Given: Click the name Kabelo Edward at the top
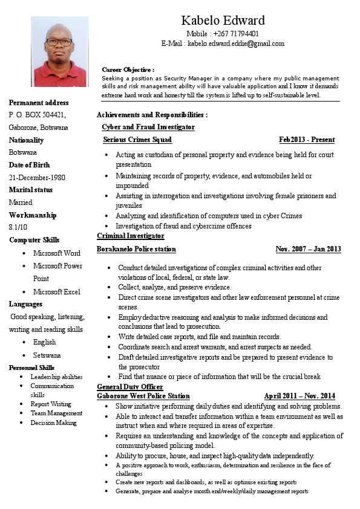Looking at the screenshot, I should [223, 21].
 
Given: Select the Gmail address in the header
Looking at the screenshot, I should [235, 44].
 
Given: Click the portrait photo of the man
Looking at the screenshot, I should [59, 52].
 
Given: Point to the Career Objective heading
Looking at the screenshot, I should [128, 70].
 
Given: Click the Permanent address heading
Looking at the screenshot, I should [39, 103].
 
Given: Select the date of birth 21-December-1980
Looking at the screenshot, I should [37, 178].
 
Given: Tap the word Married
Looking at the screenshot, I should [21, 203].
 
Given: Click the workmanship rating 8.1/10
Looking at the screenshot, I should [18, 227].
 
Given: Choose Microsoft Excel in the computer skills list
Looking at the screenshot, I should [56, 292].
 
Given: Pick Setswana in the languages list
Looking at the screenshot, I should [47, 355].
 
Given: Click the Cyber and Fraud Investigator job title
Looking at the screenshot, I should [148, 127].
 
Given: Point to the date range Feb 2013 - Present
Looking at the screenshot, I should [307, 140].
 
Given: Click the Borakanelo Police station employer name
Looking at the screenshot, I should [137, 249].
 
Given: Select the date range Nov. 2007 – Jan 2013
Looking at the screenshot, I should [308, 249].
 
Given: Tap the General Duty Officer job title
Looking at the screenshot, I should [130, 386].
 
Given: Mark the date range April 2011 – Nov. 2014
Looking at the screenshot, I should [299, 396].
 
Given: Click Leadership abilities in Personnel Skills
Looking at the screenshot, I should [56, 377].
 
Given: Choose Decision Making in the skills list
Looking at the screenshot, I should [54, 423].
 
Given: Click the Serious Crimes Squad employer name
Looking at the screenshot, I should [137, 140].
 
